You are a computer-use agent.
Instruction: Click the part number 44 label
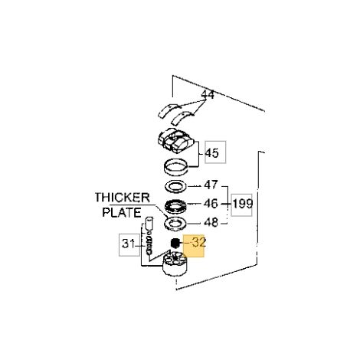coord(208,95)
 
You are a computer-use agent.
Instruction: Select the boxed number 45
coord(212,153)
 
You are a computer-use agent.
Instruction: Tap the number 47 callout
coord(211,185)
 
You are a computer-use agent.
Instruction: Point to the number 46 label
coord(211,204)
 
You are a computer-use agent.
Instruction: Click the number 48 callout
coord(211,222)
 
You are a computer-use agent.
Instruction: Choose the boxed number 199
coord(243,204)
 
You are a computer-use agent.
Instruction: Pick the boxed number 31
coord(128,244)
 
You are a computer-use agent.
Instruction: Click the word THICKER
coord(123,198)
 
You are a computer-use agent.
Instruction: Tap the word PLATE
coord(122,212)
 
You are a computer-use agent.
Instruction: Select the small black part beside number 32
coord(175,243)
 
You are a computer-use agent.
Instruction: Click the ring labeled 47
coord(175,186)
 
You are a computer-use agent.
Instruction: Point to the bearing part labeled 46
coord(175,205)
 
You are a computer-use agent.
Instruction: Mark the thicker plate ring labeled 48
coord(175,224)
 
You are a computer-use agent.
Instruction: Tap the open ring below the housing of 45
coord(175,168)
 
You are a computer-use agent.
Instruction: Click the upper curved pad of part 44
coord(169,110)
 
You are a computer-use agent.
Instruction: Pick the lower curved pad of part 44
coord(182,118)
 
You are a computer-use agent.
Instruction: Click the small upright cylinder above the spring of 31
coord(149,224)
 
